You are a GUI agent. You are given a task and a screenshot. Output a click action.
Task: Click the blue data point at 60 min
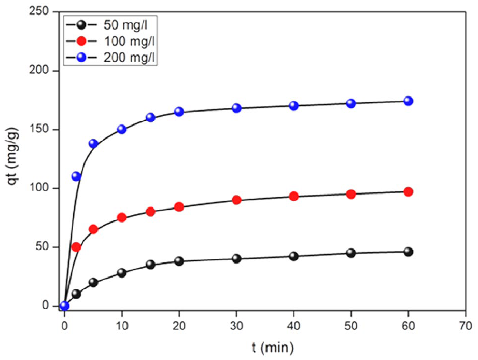408,101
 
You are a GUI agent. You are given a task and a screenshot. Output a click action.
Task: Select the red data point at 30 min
236,200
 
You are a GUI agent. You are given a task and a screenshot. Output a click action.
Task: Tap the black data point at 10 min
122,273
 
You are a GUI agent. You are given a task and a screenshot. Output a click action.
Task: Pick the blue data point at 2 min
76,176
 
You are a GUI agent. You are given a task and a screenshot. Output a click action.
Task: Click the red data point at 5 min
93,229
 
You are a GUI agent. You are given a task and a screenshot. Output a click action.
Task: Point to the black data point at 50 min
351,253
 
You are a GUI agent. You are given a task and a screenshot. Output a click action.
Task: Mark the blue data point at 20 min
179,112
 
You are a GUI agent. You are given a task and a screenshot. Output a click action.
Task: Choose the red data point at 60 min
408,192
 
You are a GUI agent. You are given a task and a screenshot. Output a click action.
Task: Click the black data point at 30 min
236,258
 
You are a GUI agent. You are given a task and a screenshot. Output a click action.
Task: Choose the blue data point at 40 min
294,106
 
